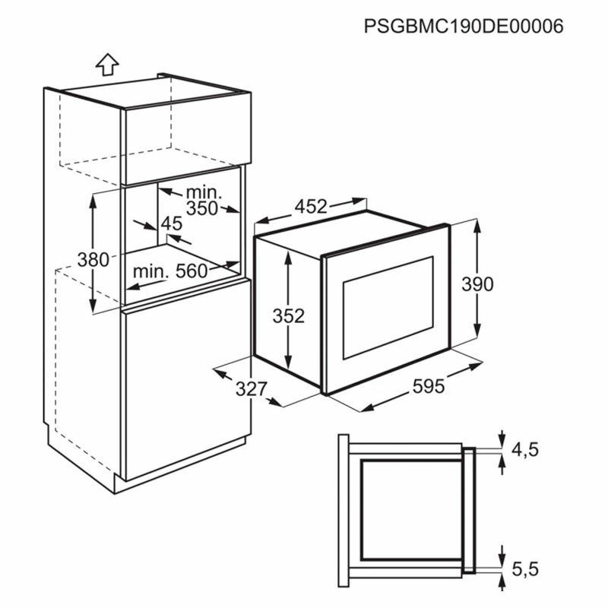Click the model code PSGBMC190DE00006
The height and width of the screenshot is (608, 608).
click(x=464, y=27)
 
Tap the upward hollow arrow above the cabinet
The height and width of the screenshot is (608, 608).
click(x=107, y=65)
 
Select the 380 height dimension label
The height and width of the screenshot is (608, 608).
click(x=93, y=259)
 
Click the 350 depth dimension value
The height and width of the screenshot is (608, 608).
click(x=202, y=208)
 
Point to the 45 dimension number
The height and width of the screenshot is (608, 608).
click(x=172, y=223)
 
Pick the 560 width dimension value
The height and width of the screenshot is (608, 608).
click(x=192, y=271)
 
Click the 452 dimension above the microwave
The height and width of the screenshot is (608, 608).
click(x=311, y=207)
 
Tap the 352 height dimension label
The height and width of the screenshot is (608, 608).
click(x=289, y=316)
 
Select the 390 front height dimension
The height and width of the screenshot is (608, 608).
click(x=477, y=284)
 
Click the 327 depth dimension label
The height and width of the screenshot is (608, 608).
click(x=252, y=389)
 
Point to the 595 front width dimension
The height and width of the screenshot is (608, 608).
click(x=429, y=386)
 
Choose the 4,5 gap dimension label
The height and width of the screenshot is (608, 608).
click(x=525, y=450)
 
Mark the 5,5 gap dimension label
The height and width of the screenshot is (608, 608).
click(x=525, y=569)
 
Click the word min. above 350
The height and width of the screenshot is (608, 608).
click(x=204, y=192)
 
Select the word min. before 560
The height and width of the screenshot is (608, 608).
click(x=150, y=271)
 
